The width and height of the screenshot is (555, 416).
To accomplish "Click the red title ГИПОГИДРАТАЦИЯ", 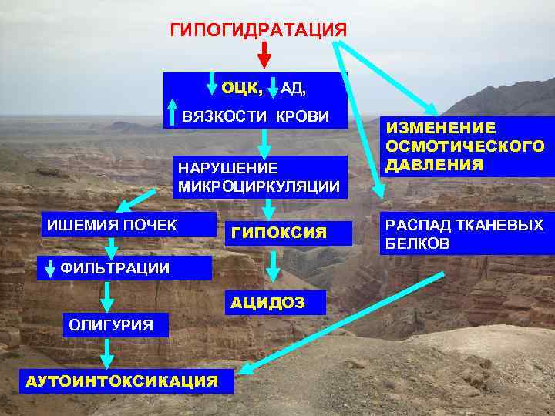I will [258, 30].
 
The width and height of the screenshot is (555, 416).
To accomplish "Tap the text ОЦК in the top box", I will [241, 88].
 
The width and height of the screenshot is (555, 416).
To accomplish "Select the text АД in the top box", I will [294, 89].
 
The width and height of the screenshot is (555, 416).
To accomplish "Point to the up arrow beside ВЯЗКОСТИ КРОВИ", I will [172, 113].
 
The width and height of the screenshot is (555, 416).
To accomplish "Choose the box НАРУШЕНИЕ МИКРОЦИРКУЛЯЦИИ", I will [258, 176].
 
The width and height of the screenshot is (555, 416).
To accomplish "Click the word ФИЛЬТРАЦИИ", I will [115, 268].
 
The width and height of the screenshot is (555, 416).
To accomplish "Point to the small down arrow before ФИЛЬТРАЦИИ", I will [51, 269].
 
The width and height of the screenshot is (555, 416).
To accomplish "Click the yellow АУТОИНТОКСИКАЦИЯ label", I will [122, 381].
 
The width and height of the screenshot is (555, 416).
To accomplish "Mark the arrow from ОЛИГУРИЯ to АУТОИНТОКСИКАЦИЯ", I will [107, 353].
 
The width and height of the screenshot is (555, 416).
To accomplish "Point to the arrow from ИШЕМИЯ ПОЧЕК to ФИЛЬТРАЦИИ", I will [111, 246].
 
